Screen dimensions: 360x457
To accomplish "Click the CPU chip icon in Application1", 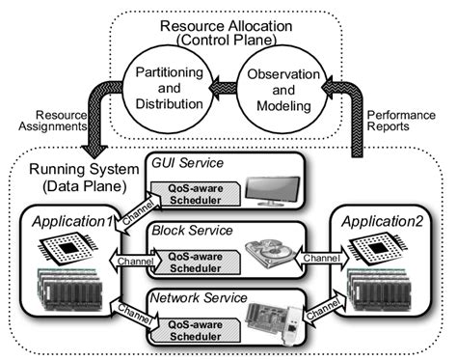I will [x=73, y=248].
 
